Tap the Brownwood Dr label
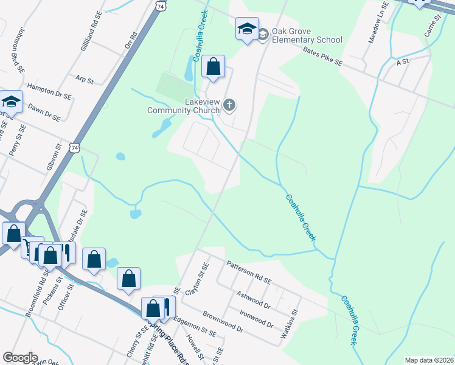(223, 322)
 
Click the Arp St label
(85, 80)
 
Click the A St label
(402, 62)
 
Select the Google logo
(19, 358)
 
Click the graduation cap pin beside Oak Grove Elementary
(247, 28)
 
